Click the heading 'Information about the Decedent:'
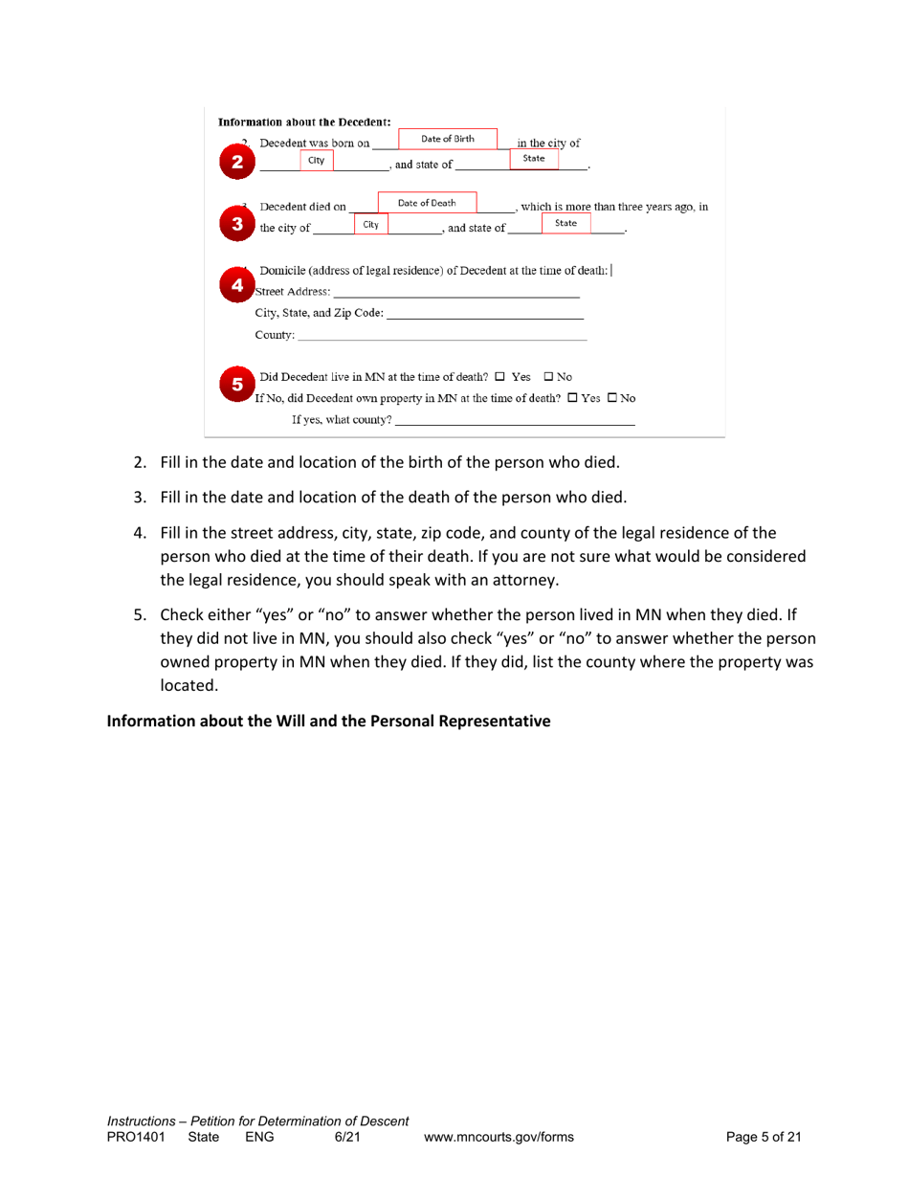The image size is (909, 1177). (304, 122)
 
